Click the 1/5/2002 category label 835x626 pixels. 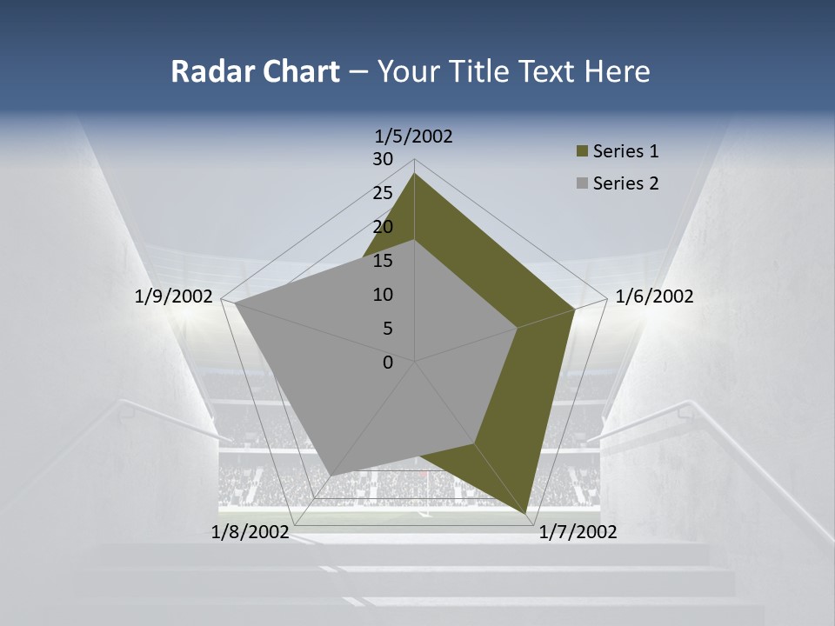click(x=413, y=136)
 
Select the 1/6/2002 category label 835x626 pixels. click(x=654, y=296)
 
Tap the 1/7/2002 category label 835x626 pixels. click(x=578, y=532)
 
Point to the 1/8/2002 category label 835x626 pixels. click(x=250, y=532)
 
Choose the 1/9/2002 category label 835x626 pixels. click(x=174, y=296)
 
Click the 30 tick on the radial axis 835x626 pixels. click(x=383, y=159)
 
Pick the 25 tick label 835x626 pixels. click(x=383, y=193)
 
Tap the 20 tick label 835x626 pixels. click(x=383, y=227)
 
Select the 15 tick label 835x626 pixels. click(x=383, y=261)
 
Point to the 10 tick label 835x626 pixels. click(x=383, y=295)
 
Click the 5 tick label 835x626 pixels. click(x=388, y=329)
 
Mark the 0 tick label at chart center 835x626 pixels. click(x=388, y=363)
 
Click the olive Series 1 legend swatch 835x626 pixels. click(x=582, y=152)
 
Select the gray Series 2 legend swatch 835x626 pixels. click(x=582, y=183)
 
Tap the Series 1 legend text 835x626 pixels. click(x=625, y=151)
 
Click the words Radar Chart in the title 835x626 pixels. click(x=255, y=71)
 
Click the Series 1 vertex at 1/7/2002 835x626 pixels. click(x=528, y=513)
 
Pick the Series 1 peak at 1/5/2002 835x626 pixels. click(x=415, y=174)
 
